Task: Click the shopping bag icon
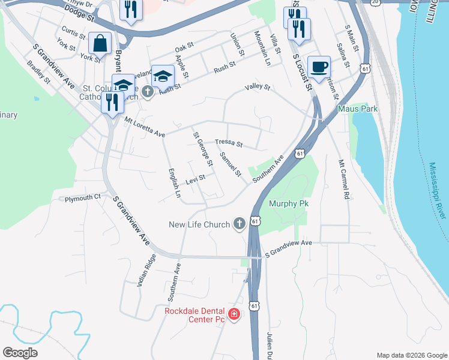coord(100,43)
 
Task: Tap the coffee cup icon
coord(319,67)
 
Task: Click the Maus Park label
coord(357,109)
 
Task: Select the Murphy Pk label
coord(289,203)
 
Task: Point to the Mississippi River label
coord(436,190)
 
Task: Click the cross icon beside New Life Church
coord(239,224)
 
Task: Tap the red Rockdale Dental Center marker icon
coord(234,314)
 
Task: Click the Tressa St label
coord(229,143)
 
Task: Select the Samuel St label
coord(230,164)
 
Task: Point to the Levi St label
coord(195,179)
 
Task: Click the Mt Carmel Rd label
coord(343,179)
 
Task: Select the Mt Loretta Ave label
coord(145,127)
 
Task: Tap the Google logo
coord(20,353)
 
